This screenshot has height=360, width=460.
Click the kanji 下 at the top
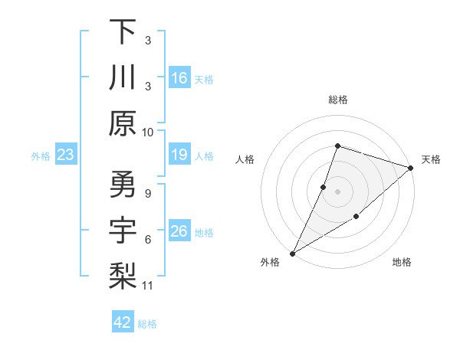(123, 32)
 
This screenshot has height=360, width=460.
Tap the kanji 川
(123, 77)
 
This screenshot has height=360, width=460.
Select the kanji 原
(123, 123)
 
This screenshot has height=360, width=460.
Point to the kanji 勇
(123, 185)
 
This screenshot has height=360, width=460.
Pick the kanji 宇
(123, 230)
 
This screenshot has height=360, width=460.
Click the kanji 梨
(123, 275)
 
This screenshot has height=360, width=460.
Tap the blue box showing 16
(179, 78)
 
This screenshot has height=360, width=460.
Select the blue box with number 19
(179, 155)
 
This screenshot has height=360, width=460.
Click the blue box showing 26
(179, 232)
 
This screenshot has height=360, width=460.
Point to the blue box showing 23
(66, 155)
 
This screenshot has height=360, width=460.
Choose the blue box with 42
(123, 322)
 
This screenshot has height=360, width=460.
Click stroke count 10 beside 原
(148, 132)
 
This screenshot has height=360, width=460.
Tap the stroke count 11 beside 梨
(148, 286)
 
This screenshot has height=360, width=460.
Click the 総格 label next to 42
(147, 324)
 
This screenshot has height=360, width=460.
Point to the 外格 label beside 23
(41, 156)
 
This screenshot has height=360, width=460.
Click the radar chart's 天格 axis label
(431, 159)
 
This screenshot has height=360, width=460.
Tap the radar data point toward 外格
(292, 253)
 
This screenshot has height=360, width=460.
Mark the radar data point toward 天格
(411, 168)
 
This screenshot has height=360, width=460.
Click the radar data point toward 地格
(356, 218)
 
